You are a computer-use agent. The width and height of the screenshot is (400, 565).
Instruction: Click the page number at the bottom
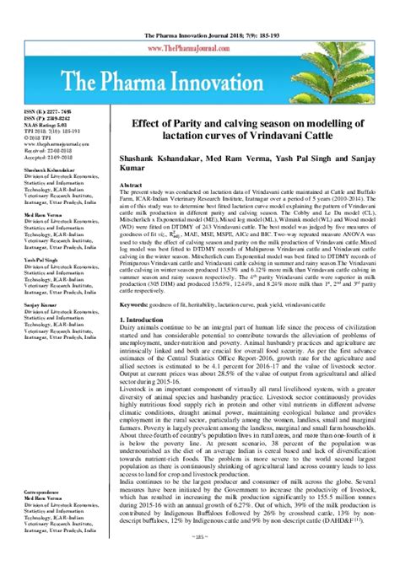tap(199, 558)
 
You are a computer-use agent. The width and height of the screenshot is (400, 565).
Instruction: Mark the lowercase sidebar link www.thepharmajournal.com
tap(38, 147)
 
